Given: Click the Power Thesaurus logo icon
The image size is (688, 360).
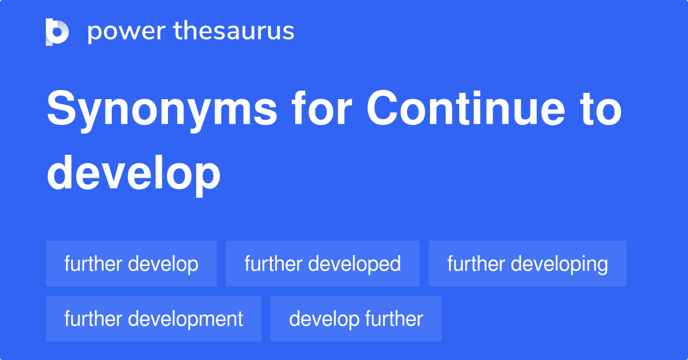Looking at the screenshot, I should pyautogui.click(x=57, y=32).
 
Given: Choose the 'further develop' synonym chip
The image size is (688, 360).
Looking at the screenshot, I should pyautogui.click(x=131, y=264).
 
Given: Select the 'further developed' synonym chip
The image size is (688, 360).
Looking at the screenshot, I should pyautogui.click(x=322, y=264).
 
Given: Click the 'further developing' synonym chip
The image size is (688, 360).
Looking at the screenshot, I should pyautogui.click(x=527, y=264).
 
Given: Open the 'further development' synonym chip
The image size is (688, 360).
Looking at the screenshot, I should pyautogui.click(x=154, y=319).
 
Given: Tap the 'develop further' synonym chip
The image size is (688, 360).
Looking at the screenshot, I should pyautogui.click(x=355, y=319).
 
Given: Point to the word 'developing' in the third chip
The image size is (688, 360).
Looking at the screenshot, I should pyautogui.click(x=560, y=264).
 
